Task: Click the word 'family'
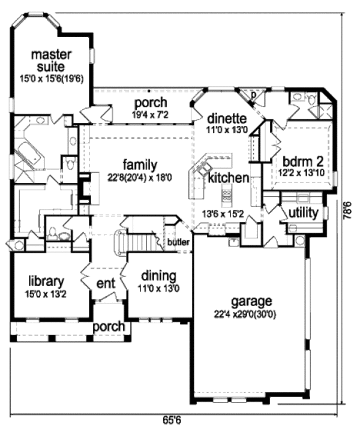(x=140, y=164)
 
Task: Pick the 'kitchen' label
(x=229, y=178)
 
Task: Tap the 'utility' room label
(x=303, y=213)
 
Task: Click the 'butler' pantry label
(x=179, y=242)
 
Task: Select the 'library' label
(x=46, y=280)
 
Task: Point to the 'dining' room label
(x=158, y=276)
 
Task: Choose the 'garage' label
(x=251, y=301)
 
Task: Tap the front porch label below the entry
(x=109, y=327)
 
